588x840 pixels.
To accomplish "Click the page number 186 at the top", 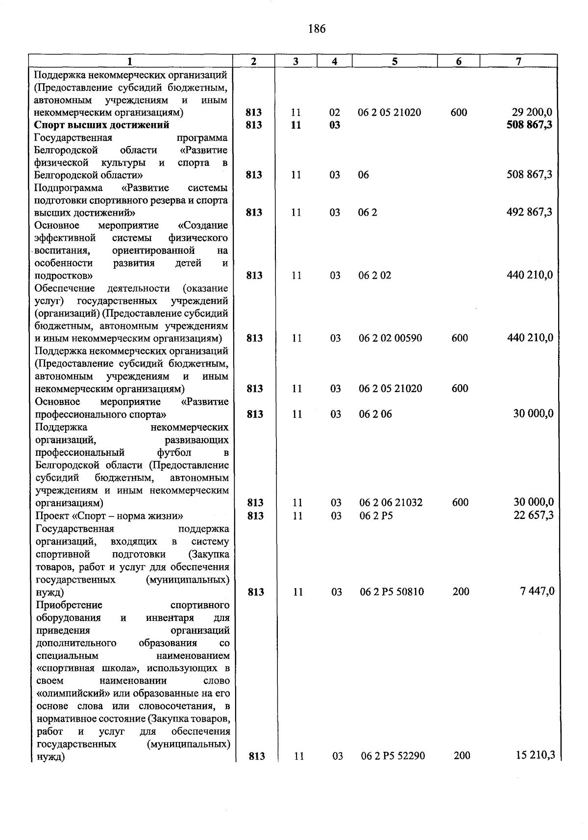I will pos(317,29).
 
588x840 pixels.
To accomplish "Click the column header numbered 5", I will pos(394,61).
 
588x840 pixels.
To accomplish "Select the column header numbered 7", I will pos(518,61).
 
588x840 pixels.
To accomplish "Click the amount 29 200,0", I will pos(532,112).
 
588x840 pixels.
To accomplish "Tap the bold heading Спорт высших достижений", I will pos(102,125).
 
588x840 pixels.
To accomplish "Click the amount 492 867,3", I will pos(529,212).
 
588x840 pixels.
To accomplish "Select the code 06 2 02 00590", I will pos(390,338).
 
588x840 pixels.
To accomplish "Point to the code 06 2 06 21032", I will pos(391,503).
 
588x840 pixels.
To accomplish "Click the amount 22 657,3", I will pos(533,515).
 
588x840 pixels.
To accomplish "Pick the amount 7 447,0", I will pos(537,592).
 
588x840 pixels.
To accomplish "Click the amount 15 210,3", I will pos(535,755).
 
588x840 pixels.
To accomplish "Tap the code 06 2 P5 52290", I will pos(392,756).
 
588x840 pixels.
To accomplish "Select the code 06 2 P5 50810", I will pos(392,592).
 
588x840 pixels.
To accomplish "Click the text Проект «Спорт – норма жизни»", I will pos(109,516).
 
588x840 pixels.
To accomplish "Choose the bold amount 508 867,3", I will pos(529,125).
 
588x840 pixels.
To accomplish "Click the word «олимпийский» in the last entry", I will pos(66,694).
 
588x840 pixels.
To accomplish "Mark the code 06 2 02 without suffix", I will pos(374,275).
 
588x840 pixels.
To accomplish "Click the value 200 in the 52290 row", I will pos(462,756).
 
